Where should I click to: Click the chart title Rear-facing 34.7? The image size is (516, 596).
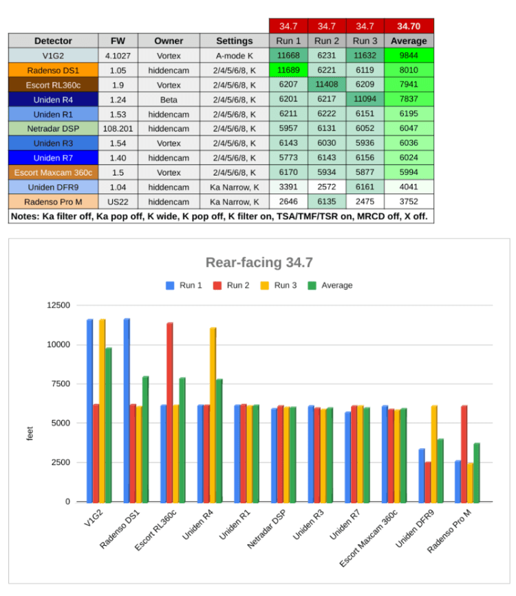[x=258, y=262]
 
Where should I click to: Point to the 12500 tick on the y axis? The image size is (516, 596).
[x=58, y=305]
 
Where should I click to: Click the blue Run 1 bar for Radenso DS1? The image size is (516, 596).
[x=127, y=409]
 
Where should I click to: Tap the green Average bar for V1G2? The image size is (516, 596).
[x=108, y=424]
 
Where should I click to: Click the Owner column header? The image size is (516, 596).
[x=169, y=41]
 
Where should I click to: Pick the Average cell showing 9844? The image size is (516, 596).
[x=409, y=56]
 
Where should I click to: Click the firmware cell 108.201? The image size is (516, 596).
[x=118, y=128]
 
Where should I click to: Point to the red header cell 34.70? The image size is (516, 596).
[x=409, y=26]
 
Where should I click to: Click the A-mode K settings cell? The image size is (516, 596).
[x=235, y=56]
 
